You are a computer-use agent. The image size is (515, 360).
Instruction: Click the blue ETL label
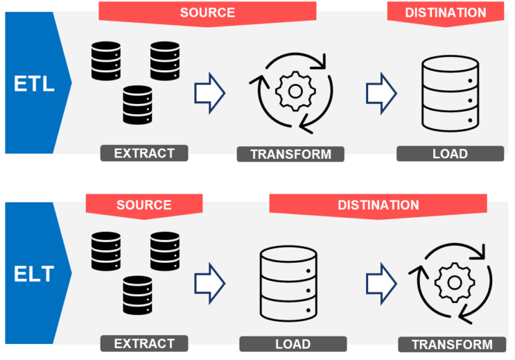point(34,84)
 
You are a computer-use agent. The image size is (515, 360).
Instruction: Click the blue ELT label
point(34,274)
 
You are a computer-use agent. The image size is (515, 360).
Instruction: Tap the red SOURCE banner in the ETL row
point(207,12)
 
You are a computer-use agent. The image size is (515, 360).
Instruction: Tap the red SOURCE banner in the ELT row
point(144,204)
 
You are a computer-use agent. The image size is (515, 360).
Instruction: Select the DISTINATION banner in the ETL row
point(445,12)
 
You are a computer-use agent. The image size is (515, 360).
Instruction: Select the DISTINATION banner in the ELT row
point(378,204)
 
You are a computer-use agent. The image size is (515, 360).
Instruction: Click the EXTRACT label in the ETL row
point(144,154)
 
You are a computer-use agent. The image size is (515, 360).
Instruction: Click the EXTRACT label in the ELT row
point(144,344)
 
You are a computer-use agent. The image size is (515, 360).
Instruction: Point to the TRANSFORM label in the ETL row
point(290,154)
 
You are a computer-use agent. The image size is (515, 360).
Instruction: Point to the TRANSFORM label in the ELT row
point(451,345)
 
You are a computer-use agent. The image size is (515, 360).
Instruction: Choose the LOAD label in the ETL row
point(450,154)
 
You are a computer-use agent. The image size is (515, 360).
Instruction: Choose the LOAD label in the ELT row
point(293,344)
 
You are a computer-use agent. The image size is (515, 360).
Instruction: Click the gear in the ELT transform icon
point(454,282)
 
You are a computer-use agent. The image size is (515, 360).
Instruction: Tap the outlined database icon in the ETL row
point(450,94)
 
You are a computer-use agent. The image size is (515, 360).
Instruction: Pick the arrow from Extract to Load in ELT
point(209,282)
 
